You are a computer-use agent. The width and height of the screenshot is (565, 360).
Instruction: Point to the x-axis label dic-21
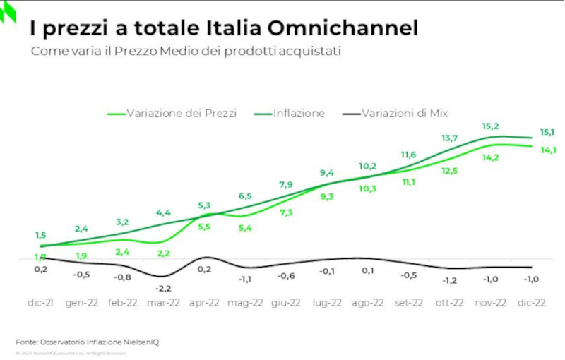coord(42,303)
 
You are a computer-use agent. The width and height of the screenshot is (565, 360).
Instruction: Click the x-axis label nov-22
coord(489,303)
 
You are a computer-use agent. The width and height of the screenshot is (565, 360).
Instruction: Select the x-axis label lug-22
coord(326,303)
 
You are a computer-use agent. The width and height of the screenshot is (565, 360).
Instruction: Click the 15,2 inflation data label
coord(491,126)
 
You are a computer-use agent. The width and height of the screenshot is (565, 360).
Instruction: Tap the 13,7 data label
coord(449,138)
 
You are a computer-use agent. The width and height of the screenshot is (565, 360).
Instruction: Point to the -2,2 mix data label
coord(163,289)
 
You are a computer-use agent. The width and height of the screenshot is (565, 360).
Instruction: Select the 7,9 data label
coord(285,185)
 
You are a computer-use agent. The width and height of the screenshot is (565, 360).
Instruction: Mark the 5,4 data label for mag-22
coord(245,227)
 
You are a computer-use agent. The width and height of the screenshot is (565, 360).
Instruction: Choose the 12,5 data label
coord(449,170)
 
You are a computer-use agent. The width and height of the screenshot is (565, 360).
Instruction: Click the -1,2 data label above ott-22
coord(449,280)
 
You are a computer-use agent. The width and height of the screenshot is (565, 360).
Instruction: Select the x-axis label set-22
coord(409,303)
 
